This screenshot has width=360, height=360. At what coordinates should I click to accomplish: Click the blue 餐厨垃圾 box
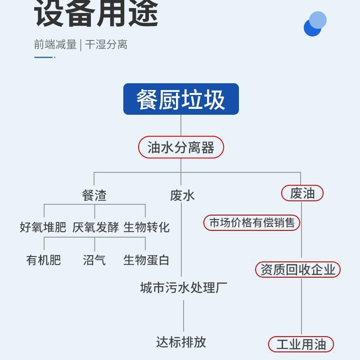(x=181, y=99)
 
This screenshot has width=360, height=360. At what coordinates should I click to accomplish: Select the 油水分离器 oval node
(x=181, y=147)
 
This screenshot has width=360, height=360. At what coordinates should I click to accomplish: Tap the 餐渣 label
(x=94, y=195)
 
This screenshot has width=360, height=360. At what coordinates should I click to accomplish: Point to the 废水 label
(x=182, y=195)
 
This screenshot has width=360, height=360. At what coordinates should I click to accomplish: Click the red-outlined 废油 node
(x=302, y=193)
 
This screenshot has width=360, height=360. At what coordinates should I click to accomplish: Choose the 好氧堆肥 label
(x=43, y=227)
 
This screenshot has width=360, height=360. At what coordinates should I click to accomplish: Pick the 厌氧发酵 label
(x=95, y=227)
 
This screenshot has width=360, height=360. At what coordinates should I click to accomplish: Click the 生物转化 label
(x=147, y=227)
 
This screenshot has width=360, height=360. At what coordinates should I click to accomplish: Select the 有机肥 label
(x=43, y=260)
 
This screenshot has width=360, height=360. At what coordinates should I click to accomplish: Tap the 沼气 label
(x=94, y=260)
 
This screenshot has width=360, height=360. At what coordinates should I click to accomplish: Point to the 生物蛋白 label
(x=146, y=260)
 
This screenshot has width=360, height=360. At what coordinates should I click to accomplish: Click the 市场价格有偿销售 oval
(x=252, y=223)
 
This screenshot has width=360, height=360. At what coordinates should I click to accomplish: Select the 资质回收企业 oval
(x=298, y=270)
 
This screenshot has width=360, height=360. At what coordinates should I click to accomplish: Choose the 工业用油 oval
(x=301, y=345)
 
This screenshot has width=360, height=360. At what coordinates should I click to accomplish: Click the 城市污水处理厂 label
(x=184, y=287)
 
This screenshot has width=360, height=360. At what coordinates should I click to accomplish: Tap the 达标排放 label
(x=181, y=342)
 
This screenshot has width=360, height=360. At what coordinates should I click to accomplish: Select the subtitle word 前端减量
(x=55, y=45)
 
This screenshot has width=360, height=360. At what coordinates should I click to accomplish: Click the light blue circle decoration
(x=319, y=19)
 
